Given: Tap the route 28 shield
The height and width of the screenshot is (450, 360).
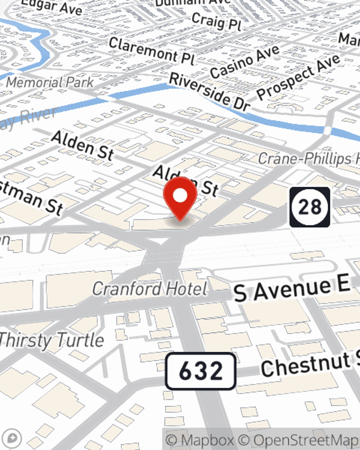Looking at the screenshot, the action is pyautogui.click(x=310, y=207).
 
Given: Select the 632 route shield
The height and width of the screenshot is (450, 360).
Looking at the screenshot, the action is pyautogui.click(x=201, y=371).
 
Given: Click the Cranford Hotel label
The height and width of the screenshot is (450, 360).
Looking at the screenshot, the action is pyautogui.click(x=150, y=289).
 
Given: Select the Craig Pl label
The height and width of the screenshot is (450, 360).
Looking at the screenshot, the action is pyautogui.click(x=216, y=21).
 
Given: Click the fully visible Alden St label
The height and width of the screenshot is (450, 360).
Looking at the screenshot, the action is pyautogui.click(x=82, y=145).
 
